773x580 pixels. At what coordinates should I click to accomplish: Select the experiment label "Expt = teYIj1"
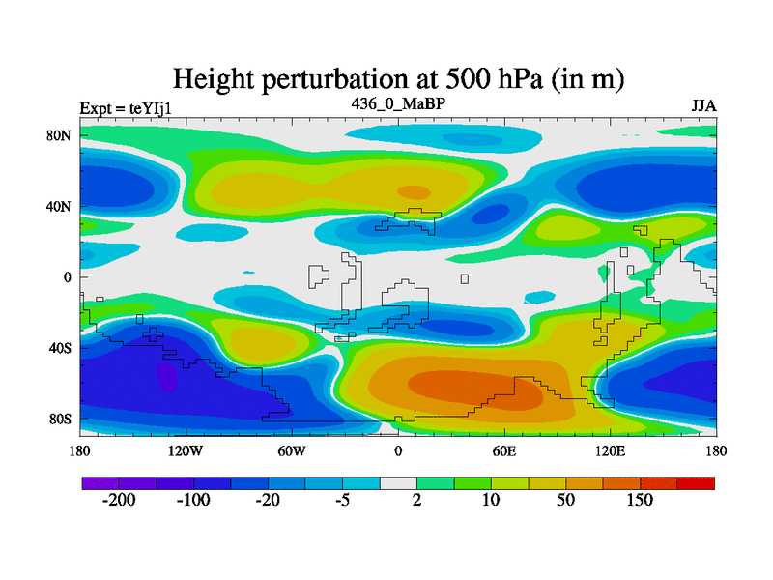tap(126, 107)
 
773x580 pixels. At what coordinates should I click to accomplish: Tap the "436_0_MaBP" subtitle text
tap(397, 102)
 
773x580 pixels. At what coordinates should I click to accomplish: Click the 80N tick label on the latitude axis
tap(61, 135)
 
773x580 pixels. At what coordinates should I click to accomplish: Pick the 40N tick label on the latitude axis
tap(61, 206)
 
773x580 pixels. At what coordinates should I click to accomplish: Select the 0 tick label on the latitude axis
tap(68, 277)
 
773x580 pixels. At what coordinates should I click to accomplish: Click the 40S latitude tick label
tap(61, 348)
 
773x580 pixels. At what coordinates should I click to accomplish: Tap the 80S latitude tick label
tap(61, 419)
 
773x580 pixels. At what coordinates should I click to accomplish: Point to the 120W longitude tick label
tap(185, 450)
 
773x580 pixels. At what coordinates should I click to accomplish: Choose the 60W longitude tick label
tap(291, 450)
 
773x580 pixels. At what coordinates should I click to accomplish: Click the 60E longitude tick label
tap(503, 450)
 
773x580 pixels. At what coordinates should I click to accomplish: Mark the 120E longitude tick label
tap(610, 450)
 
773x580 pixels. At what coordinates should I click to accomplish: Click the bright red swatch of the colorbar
tap(696, 482)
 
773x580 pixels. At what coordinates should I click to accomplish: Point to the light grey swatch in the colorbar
tap(398, 482)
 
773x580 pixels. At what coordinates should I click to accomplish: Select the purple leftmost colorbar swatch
tap(99, 482)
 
